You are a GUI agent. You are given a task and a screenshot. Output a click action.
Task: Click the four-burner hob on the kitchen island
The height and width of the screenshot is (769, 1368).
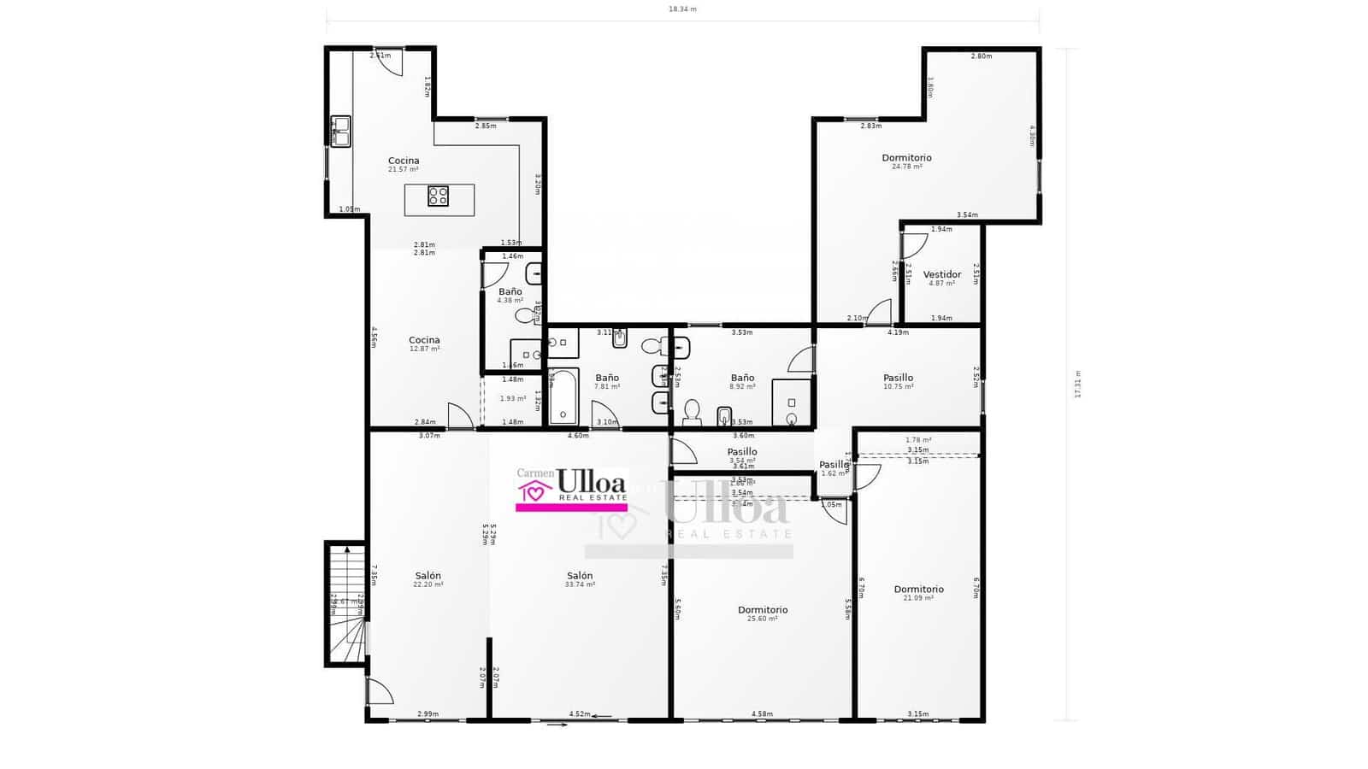tap(438, 197)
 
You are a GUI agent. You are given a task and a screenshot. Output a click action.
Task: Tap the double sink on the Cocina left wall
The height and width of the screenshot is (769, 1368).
tap(340, 132)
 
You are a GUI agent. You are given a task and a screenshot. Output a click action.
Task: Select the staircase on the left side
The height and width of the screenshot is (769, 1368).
tap(346, 603)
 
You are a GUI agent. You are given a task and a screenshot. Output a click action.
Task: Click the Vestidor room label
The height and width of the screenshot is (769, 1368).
tap(942, 275)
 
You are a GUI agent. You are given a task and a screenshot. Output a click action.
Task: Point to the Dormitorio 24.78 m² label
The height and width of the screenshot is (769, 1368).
tap(906, 158)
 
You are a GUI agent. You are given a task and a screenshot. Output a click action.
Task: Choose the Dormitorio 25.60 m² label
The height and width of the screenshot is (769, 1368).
tap(763, 610)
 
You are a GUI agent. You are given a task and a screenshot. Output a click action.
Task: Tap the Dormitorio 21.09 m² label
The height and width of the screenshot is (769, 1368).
tap(918, 590)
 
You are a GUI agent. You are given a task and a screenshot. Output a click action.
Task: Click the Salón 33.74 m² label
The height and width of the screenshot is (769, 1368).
tap(580, 576)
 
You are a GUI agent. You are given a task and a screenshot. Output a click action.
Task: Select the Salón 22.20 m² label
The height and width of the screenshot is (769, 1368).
tap(427, 576)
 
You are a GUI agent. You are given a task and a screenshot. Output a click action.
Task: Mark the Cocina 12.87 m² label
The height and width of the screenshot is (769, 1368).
tap(424, 341)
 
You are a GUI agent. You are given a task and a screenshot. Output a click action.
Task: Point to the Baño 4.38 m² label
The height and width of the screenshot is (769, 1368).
tap(510, 292)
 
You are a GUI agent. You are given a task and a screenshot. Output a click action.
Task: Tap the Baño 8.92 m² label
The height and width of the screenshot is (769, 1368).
tap(742, 379)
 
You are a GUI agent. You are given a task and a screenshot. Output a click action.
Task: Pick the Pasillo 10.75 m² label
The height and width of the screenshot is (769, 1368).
tap(898, 379)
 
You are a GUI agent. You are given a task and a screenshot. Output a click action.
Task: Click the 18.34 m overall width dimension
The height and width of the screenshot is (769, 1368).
tap(682, 9)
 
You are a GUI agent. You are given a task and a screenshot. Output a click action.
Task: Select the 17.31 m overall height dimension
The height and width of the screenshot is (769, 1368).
tap(1077, 384)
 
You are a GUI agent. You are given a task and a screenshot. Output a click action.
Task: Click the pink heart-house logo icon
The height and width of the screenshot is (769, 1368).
tap(534, 491)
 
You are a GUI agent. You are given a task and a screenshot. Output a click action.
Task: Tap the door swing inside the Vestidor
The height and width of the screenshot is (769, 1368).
tap(914, 245)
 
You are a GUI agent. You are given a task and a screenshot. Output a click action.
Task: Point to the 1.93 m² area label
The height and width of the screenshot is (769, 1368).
tap(513, 399)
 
